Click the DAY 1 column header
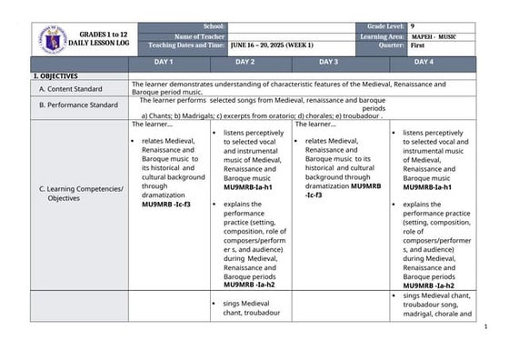pos(164,62)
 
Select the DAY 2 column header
pos(245,62)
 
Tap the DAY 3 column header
pos(328,62)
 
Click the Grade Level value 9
pos(414,27)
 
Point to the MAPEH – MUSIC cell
pos(434,36)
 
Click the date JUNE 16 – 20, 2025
pos(272,45)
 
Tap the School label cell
pos(214,27)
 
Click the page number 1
pos(487,326)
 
